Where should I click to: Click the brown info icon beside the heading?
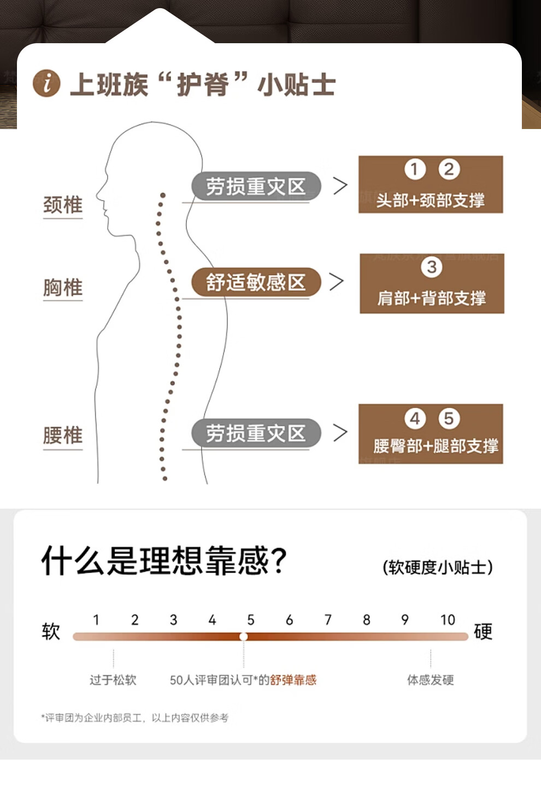pos(46,84)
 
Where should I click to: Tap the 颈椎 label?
pos(63,205)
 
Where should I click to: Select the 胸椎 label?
pos(63,288)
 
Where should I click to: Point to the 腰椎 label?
pos(63,436)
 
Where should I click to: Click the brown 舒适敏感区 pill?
pos(256,282)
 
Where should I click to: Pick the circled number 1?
pos(415,170)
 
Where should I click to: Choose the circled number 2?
pos(449,170)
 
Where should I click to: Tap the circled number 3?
pos(432,267)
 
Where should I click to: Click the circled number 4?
pos(415,419)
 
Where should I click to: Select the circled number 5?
pos(449,419)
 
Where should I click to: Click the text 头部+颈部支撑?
pos(430,200)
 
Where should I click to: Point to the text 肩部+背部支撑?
pos(431,298)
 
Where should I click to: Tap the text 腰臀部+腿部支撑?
pos(436,446)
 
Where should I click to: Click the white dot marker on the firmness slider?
pos(244,637)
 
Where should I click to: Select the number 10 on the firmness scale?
pos(448,620)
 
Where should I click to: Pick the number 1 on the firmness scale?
pos(96,620)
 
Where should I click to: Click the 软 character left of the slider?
pos(51,632)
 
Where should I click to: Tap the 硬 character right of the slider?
pos(483,632)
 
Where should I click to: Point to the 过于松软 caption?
pos(113,680)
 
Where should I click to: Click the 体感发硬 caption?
pos(430,680)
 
